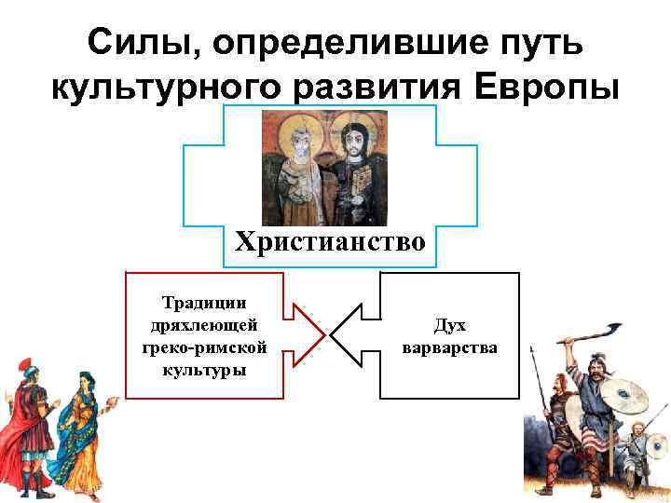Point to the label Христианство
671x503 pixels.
click(330, 242)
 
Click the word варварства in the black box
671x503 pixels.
click(449, 347)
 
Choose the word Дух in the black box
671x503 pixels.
click(449, 325)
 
